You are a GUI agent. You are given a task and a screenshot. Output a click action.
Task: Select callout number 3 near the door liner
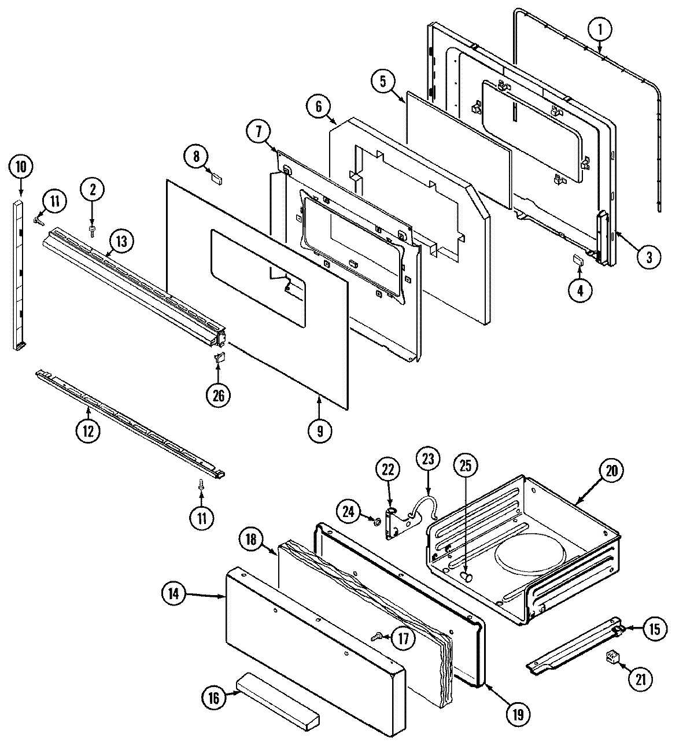[x=648, y=257]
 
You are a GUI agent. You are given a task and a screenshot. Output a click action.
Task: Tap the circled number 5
[x=383, y=82]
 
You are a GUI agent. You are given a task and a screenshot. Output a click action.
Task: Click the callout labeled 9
[x=320, y=430]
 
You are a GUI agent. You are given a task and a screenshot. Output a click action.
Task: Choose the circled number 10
[x=21, y=168]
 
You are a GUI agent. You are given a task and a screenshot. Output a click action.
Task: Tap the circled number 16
[x=214, y=698]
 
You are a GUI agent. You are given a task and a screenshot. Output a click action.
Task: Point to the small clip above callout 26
[x=219, y=359]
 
